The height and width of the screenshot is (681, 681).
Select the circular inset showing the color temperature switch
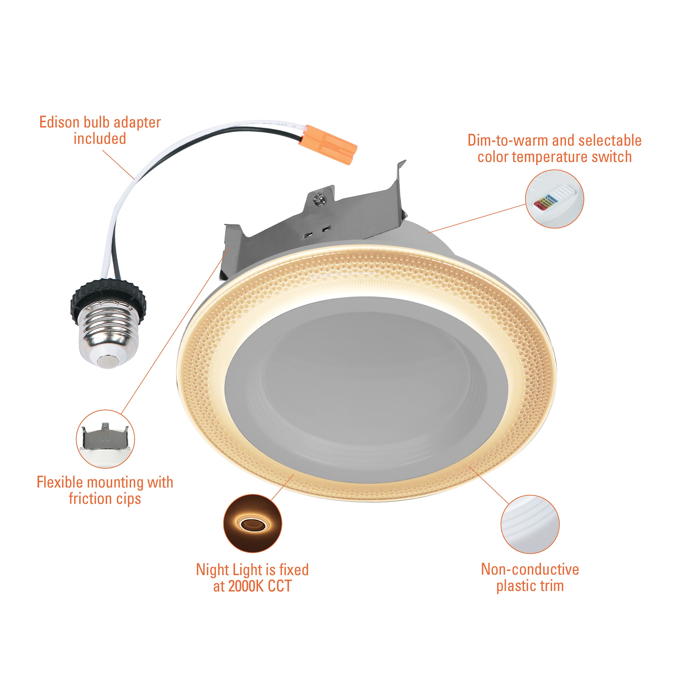click(x=554, y=199)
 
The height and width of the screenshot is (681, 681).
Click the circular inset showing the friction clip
click(x=106, y=439)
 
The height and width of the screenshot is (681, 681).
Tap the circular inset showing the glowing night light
click(x=252, y=523)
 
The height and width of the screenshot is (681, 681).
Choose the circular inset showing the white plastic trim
click(x=530, y=524)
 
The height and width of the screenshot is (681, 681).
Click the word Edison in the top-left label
click(x=59, y=122)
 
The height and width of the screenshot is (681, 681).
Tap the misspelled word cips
click(x=129, y=499)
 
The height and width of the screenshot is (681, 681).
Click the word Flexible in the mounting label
click(x=60, y=482)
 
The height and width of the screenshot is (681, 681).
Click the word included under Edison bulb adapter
click(x=100, y=139)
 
